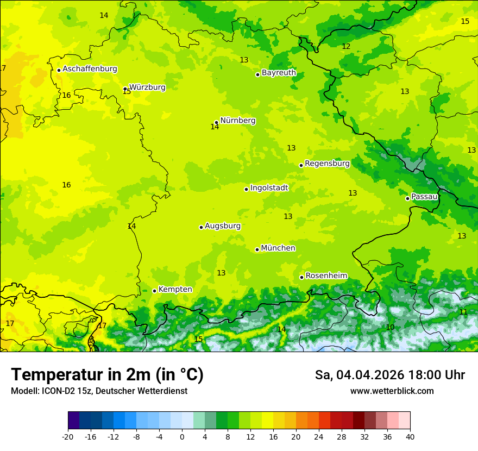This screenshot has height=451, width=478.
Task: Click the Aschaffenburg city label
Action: coord(90,69)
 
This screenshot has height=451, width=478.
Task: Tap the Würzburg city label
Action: coord(147,87)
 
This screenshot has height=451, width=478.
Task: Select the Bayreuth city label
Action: coord(279,72)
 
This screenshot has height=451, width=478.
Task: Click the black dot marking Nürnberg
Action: coord(216,123)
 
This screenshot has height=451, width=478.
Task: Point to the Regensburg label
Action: coord(327,163)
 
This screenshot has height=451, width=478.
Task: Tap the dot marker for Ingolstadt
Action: coord(246,189)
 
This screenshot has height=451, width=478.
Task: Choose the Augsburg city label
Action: coord(223,225)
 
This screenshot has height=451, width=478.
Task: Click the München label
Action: coord(278,248)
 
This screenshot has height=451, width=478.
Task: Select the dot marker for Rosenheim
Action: coord(301,277)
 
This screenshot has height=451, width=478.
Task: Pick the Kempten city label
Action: coord(175,289)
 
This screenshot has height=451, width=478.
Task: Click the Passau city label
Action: coord(424,196)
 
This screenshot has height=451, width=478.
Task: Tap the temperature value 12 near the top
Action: coord(346,46)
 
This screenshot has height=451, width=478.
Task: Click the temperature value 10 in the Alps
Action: coord(390,327)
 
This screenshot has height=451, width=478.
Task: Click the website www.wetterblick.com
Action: coord(392,391)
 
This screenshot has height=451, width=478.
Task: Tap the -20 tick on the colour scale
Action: coord(68,436)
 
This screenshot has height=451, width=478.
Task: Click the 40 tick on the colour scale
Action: coord(410,436)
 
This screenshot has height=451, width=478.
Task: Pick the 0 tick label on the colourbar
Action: coord(182,436)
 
